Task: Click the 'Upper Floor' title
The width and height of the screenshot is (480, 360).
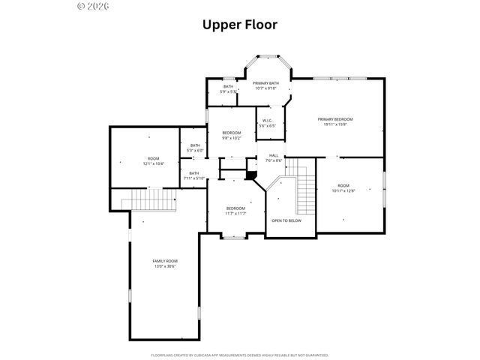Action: [240, 24]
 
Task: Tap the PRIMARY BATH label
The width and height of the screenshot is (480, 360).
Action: [265, 85]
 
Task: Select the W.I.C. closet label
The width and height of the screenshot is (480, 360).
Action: [268, 122]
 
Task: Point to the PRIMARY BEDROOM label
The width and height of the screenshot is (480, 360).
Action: [334, 121]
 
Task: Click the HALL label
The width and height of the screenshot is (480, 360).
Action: [273, 157]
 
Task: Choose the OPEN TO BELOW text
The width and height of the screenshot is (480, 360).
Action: [286, 220]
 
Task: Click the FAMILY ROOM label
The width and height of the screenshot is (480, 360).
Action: [165, 263]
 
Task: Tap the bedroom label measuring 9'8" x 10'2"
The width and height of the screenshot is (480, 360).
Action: [231, 135]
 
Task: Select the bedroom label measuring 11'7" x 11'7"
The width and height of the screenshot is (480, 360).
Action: [236, 211]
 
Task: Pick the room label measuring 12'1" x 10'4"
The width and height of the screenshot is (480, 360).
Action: [153, 160]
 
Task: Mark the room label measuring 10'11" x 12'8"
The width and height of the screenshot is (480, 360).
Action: [343, 187]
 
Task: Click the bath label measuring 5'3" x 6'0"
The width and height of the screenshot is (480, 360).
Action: [195, 148]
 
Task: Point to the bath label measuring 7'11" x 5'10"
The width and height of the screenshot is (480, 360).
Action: [193, 175]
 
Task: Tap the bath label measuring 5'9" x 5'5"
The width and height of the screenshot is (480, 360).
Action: [228, 88]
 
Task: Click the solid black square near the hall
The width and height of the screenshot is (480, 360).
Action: [251, 176]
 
